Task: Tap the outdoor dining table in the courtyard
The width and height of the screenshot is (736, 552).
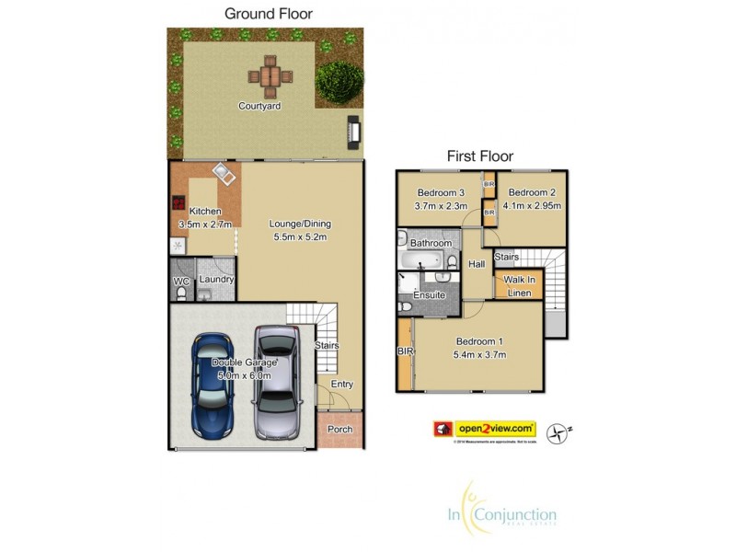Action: pos(269,75)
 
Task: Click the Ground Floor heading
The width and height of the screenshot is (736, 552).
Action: pos(269,14)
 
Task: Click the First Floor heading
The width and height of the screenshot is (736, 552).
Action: pos(479,156)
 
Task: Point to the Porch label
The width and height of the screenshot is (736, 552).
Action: pos(340,428)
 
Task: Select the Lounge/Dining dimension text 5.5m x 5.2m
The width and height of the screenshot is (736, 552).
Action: pos(300,237)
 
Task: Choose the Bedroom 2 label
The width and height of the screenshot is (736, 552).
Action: pos(531,192)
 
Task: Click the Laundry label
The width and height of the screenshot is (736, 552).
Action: pos(217,280)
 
